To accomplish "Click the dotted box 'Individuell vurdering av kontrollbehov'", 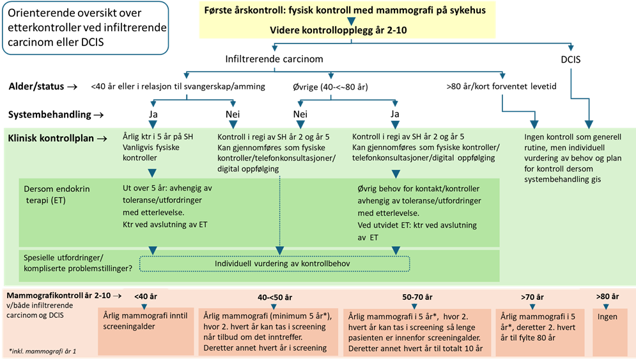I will (274, 263).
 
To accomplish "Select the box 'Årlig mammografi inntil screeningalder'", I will (146, 322).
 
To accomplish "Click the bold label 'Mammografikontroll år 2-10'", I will (58, 296).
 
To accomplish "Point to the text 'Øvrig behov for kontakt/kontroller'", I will (417, 190).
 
